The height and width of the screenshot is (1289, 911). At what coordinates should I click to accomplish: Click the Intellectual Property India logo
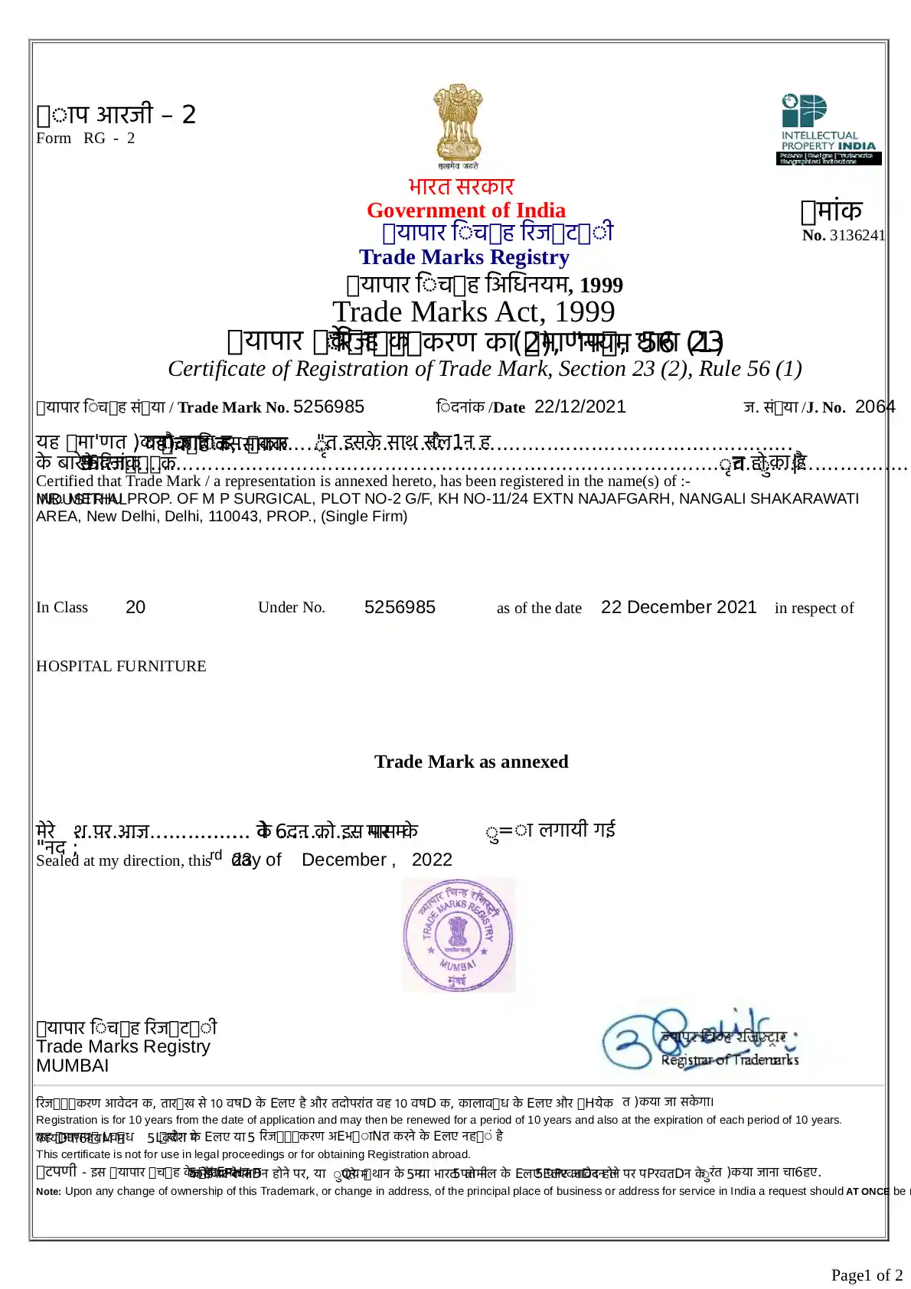[x=831, y=129]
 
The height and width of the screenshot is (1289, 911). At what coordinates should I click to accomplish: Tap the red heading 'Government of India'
[x=465, y=210]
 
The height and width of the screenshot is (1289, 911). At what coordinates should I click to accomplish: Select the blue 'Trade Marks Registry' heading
[x=464, y=257]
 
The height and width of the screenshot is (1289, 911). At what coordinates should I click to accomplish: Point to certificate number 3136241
[x=857, y=236]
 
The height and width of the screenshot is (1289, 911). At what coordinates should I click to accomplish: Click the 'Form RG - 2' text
[x=86, y=139]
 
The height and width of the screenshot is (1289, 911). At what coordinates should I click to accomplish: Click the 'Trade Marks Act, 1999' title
[x=473, y=312]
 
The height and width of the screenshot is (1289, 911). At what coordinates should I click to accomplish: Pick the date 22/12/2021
[x=580, y=407]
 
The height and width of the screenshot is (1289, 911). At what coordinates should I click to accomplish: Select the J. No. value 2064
[x=875, y=407]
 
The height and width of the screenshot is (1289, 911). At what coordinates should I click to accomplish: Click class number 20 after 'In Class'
[x=136, y=608]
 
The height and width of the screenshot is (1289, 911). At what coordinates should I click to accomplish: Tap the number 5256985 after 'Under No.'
[x=400, y=608]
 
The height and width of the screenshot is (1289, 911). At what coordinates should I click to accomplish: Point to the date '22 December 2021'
[x=678, y=608]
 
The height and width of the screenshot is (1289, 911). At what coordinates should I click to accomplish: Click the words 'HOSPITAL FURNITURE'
[x=121, y=667]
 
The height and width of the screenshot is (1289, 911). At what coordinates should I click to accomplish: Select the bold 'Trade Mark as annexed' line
[x=471, y=762]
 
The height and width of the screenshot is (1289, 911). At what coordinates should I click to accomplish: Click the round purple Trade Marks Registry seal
[x=459, y=935]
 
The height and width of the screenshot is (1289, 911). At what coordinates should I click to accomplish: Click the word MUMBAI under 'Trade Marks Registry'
[x=73, y=1066]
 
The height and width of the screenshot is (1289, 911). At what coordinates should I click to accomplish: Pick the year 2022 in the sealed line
[x=432, y=860]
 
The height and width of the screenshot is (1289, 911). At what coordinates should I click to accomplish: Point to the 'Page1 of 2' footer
[x=867, y=1275]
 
